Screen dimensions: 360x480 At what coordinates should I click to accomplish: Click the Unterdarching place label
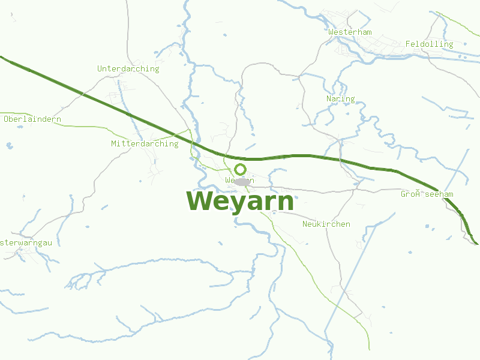(x=128, y=69)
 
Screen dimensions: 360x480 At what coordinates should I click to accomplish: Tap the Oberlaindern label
(x=32, y=119)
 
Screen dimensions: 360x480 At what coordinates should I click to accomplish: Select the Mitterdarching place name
(x=145, y=144)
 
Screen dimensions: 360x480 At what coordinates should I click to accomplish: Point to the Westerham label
(x=350, y=32)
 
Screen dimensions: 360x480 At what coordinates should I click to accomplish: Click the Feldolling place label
(x=429, y=44)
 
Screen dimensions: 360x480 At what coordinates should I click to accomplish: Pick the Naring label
(x=340, y=99)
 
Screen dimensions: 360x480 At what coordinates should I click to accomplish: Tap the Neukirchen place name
(x=326, y=224)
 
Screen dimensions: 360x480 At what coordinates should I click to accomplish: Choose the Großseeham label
(x=427, y=194)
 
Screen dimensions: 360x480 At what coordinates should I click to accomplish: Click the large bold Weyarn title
(x=240, y=202)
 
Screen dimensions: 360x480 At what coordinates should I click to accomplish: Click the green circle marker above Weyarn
(x=241, y=169)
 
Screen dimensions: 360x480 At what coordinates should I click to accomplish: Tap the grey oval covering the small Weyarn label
(x=242, y=181)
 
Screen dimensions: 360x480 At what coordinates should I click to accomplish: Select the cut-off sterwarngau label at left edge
(x=26, y=243)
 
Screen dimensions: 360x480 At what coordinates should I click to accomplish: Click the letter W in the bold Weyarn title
(x=199, y=202)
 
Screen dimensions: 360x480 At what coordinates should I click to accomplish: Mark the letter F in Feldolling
(x=408, y=44)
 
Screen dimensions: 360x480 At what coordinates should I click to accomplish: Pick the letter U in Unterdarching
(x=100, y=69)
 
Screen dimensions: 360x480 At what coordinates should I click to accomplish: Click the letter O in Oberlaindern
(x=7, y=119)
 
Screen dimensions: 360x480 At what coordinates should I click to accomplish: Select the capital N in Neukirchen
(x=305, y=224)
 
